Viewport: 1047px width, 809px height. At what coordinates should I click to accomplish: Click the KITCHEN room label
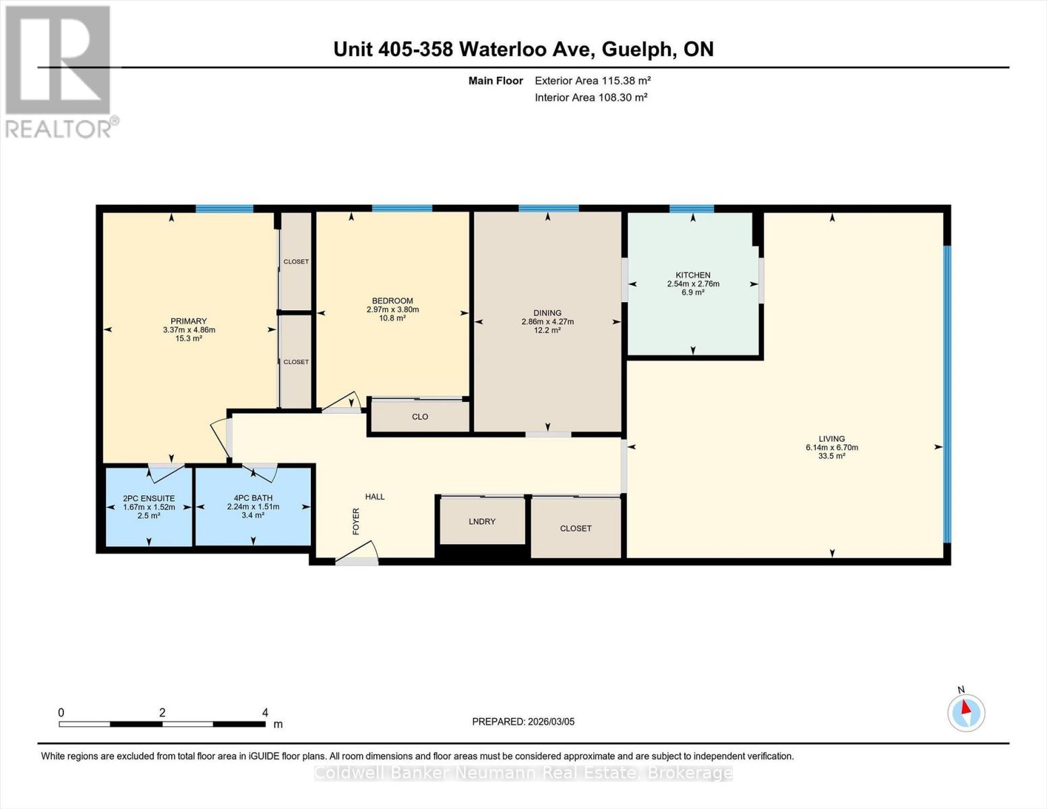coord(692,275)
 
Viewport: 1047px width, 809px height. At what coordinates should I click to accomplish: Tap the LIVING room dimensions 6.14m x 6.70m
coord(831,448)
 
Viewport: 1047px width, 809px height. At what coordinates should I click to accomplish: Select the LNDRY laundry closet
coord(482,521)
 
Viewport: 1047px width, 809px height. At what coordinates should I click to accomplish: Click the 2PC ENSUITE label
coord(148,498)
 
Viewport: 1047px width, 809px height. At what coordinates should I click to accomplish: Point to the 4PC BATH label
coord(253,498)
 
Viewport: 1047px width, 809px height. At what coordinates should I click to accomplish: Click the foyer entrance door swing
coord(357,553)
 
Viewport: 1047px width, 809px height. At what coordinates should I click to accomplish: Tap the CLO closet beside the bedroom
coord(420,417)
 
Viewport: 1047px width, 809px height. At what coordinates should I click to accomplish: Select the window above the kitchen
coord(691,208)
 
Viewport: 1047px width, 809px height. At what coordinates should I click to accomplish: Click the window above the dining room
coord(548,208)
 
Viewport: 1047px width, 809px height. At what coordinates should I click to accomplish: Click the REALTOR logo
coord(59,71)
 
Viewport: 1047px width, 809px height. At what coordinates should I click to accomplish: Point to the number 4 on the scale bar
coord(265,713)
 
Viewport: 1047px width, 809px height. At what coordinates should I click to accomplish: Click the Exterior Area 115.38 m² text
coord(593,81)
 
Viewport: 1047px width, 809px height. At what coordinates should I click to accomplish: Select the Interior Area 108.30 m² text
coord(591,98)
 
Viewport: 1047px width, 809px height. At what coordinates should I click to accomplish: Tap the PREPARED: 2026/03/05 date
coord(523,721)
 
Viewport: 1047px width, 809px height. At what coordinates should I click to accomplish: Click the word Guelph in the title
coord(638,49)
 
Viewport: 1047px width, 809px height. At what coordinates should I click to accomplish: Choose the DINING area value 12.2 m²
coord(547,330)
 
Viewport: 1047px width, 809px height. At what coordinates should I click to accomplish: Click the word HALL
coord(375,497)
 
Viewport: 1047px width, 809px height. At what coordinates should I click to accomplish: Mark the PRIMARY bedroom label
coord(189,321)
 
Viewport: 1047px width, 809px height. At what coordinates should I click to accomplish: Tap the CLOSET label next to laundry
coord(576,529)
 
